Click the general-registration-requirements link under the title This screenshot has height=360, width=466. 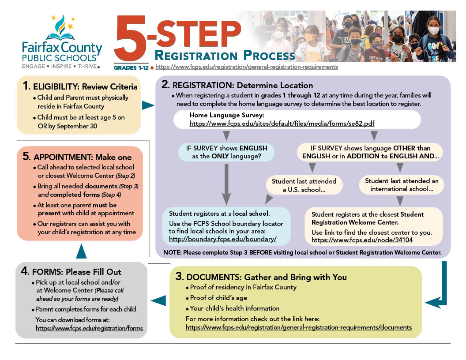tap(247, 67)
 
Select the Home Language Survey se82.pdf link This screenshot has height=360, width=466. tap(282, 124)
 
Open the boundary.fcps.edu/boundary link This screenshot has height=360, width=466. tap(222, 239)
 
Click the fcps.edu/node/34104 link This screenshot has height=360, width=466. tap(362, 240)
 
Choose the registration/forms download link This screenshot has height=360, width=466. tap(89, 328)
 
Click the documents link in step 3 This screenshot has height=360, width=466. tap(298, 327)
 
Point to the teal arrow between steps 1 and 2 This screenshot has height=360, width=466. tap(148, 105)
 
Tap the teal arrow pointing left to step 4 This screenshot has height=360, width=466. tap(158, 300)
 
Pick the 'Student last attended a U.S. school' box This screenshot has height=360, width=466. tap(304, 185)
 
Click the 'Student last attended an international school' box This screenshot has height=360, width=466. tap(401, 185)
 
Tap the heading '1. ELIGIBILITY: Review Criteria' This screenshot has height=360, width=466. tap(80, 86)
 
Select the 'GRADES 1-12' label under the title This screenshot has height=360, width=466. tap(131, 67)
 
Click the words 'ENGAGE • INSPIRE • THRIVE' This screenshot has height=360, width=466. tap(61, 66)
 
